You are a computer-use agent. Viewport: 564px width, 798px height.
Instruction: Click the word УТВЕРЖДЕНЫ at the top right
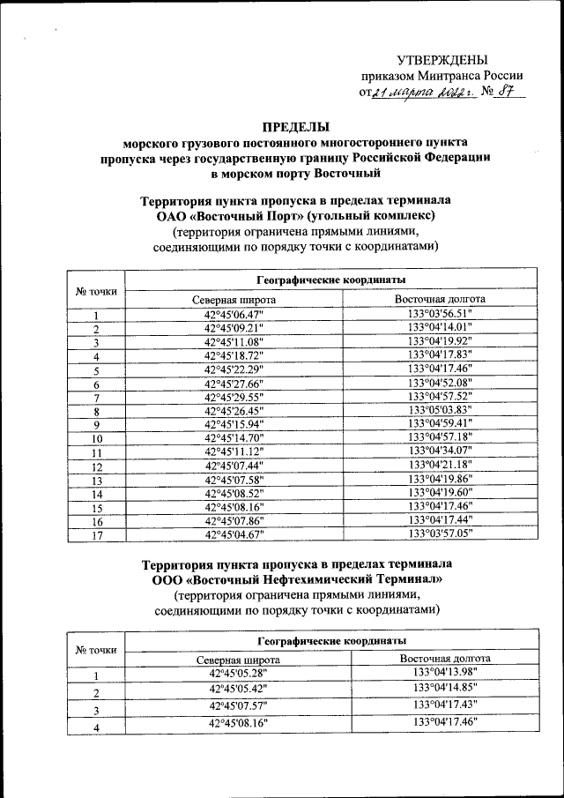pyautogui.click(x=442, y=60)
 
